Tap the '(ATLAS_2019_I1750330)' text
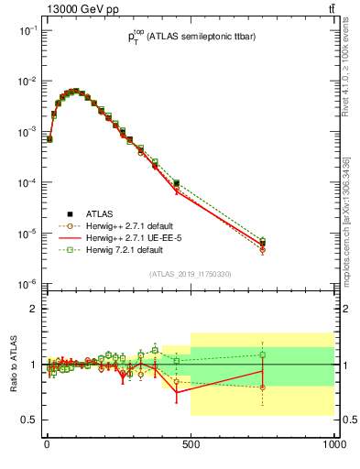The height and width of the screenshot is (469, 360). coord(190,274)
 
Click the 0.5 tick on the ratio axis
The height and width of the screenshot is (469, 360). coord(29,420)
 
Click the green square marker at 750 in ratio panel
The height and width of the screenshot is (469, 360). coord(262,354)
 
